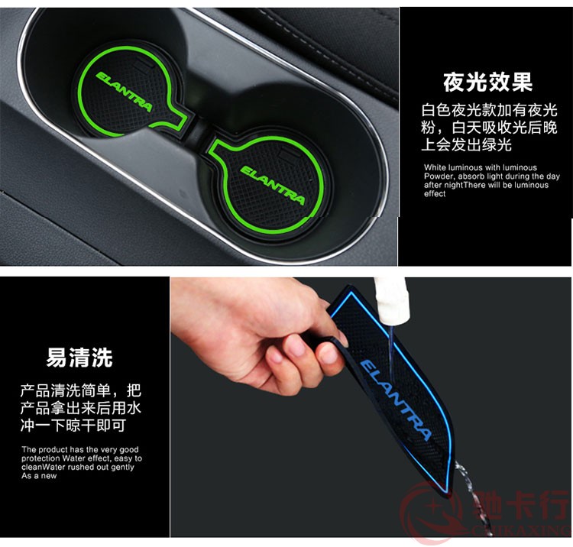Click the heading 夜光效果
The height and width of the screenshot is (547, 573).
tap(488, 82)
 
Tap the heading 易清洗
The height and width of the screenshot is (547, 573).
tap(79, 357)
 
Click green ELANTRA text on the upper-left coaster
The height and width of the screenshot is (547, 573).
tap(124, 92)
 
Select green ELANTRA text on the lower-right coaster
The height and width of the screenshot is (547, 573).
tap(272, 185)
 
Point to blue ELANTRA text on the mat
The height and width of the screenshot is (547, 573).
tap(396, 400)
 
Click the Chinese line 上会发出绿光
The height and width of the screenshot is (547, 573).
tap(466, 144)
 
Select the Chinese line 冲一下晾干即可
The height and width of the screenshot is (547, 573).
tap(73, 426)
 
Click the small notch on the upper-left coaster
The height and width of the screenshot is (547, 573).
tap(144, 66)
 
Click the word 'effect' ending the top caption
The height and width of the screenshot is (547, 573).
tap(435, 194)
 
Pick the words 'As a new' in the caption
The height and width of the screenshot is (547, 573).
tap(39, 476)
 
